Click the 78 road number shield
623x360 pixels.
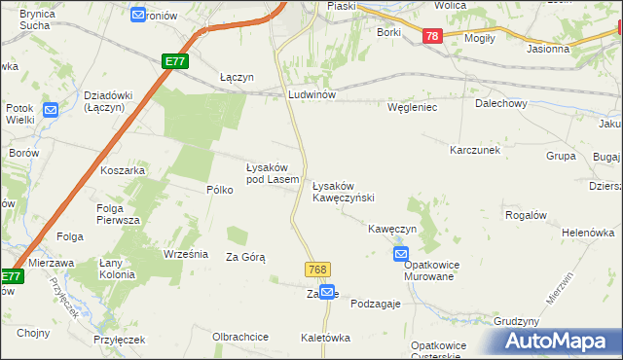pos(433,36)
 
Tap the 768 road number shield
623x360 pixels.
pos(317,270)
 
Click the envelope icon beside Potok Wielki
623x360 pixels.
pos(51,111)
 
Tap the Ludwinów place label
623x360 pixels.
pos(311,95)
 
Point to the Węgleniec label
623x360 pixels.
pos(412,107)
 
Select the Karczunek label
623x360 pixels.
pos(474,151)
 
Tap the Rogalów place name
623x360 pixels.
pos(526,214)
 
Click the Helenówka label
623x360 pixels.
pos(589,234)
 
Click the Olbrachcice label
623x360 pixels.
pos(240,337)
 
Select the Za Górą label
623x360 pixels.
pos(245,257)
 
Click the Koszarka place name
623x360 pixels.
pos(123,170)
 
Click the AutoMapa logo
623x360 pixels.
pos(557,341)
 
